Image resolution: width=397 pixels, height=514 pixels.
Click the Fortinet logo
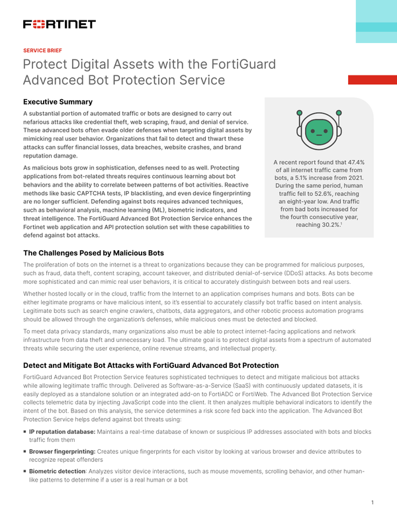point(59,24)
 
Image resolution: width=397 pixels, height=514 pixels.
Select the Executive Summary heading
point(58,102)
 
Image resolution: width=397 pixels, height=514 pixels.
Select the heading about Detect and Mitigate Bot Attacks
point(151,365)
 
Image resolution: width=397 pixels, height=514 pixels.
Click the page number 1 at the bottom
point(373,502)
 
